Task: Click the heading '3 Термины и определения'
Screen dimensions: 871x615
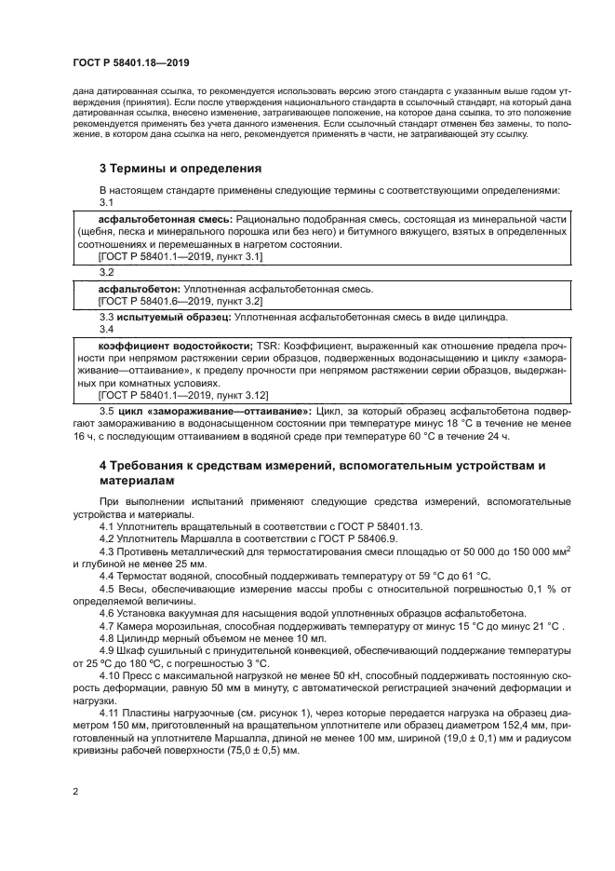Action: [180, 169]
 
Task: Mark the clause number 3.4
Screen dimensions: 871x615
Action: [106, 329]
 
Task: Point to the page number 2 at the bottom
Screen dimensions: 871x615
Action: [75, 793]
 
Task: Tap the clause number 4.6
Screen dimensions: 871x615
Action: [108, 612]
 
